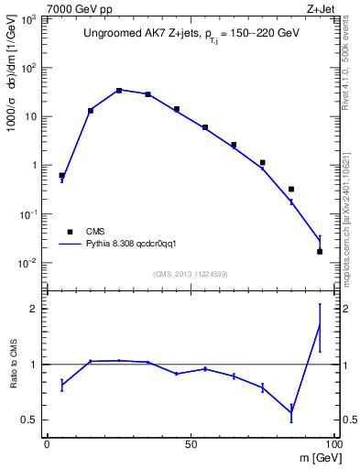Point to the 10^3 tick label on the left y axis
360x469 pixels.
[32, 20]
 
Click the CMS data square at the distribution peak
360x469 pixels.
[119, 91]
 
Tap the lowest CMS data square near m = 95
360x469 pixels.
[320, 251]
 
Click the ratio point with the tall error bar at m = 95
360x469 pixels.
[320, 324]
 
